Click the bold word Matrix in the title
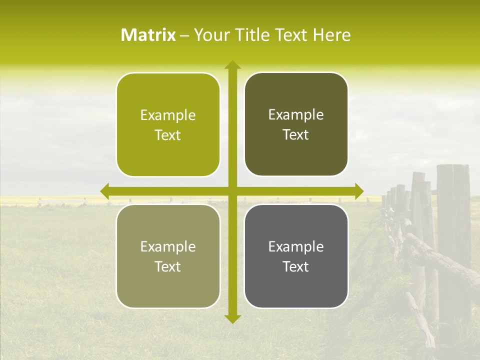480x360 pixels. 148,35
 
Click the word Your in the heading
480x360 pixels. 209,35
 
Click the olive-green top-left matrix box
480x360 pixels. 168,125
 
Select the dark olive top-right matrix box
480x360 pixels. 296,124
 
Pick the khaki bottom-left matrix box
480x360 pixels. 168,256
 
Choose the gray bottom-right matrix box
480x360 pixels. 296,256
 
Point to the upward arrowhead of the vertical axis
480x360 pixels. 232,64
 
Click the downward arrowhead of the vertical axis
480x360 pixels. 232,319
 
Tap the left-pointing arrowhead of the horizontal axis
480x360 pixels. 105,191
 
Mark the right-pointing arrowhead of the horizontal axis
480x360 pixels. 358,191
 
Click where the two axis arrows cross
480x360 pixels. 232,191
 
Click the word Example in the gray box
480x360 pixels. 296,246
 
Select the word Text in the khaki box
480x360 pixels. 168,266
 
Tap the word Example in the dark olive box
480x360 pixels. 296,115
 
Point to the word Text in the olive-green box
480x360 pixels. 168,135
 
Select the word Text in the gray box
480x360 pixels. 296,266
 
